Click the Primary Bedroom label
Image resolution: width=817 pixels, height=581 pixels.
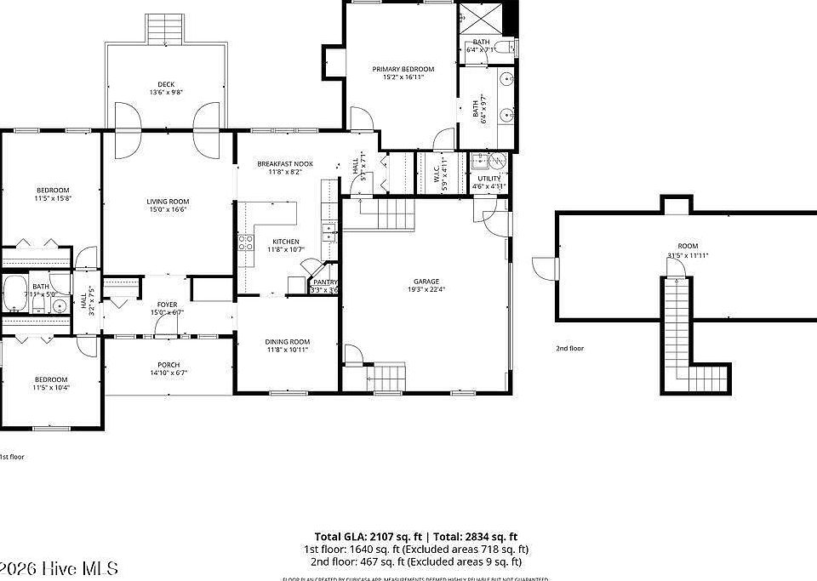coord(403,69)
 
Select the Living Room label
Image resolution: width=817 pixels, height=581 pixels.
coord(167,201)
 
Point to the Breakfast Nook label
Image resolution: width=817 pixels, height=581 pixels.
coord(285,163)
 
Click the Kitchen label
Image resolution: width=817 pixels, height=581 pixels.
coord(285,241)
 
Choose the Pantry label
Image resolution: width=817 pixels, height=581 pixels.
coord(324,282)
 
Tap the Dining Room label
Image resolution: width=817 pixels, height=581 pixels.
coord(287,341)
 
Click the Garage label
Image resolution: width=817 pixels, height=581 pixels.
coord(426,281)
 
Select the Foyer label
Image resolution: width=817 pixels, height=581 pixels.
coord(167,304)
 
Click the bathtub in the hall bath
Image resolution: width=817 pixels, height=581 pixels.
coord(15,294)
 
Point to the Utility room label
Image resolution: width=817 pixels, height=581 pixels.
coord(489,178)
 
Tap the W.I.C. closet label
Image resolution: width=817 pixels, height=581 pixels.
coord(433,169)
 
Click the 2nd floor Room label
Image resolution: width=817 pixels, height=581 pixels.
coord(687,246)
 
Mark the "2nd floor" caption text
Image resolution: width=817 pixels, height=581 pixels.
coord(570,348)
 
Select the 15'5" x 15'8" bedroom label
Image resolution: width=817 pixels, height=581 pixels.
coord(52,190)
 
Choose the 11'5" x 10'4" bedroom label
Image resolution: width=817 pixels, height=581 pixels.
coord(51,379)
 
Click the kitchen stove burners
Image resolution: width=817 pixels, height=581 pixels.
coord(245,244)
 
